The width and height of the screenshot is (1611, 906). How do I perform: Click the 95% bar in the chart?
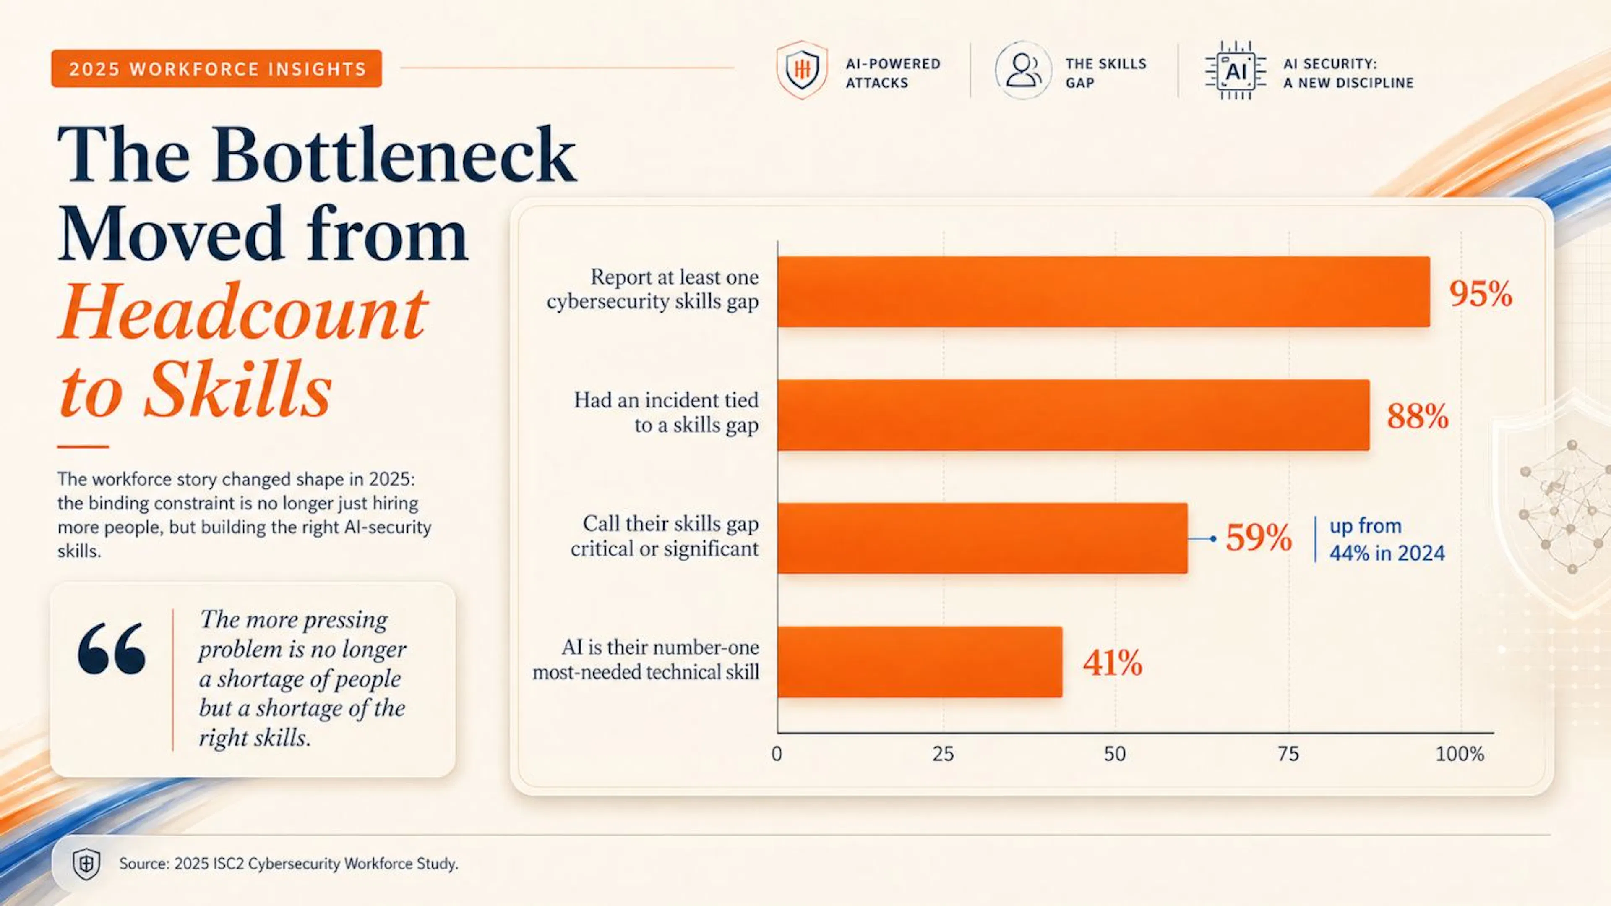click(x=1104, y=292)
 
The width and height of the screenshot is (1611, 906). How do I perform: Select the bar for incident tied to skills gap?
click(x=1074, y=415)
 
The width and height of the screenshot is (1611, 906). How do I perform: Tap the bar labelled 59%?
click(x=983, y=538)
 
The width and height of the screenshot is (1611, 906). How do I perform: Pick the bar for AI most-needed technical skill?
click(x=920, y=661)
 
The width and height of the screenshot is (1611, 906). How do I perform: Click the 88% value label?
click(x=1418, y=416)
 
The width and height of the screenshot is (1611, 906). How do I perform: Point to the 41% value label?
click(x=1113, y=663)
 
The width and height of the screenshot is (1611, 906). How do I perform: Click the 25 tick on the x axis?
click(x=943, y=754)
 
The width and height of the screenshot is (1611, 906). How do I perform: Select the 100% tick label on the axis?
click(x=1460, y=754)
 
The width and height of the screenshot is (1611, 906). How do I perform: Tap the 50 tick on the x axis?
click(x=1115, y=754)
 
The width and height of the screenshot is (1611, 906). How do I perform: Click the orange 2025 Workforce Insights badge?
click(x=216, y=69)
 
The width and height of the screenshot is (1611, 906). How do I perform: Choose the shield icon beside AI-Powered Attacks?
click(x=802, y=70)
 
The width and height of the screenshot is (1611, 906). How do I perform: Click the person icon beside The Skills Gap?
click(x=1023, y=70)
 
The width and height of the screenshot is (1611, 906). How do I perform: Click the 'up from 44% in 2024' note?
click(x=1387, y=539)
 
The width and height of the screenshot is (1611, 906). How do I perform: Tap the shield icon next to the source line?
click(x=86, y=864)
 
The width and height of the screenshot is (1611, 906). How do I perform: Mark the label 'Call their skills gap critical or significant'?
click(x=664, y=536)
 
